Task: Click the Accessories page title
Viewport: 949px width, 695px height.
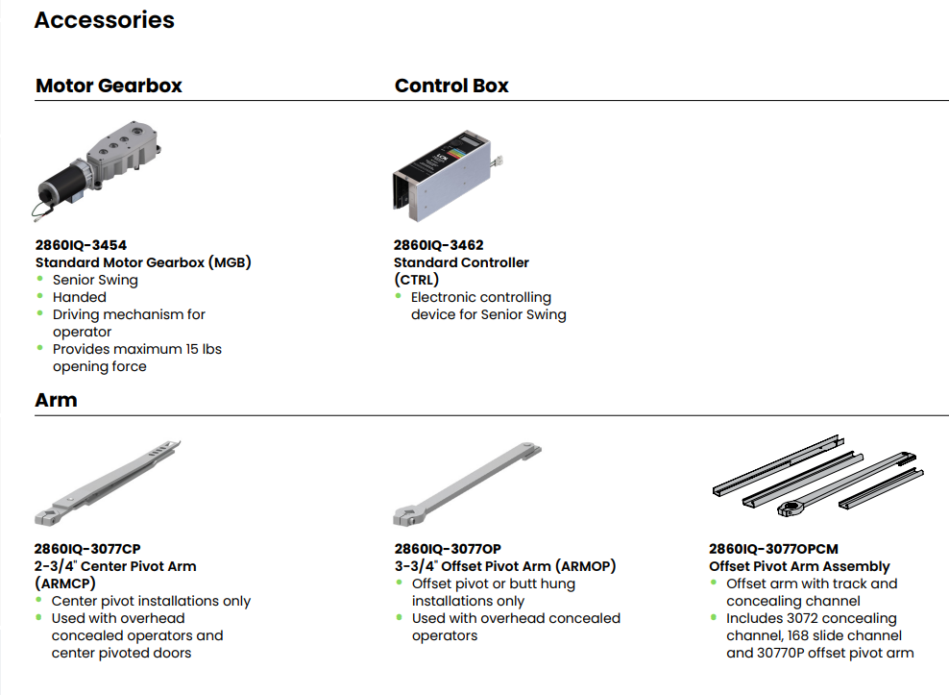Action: pos(104,20)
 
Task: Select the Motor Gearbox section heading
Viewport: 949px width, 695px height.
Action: pos(109,86)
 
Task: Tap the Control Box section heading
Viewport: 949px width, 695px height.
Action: pos(451,86)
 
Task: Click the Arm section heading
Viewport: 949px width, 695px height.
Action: pos(56,400)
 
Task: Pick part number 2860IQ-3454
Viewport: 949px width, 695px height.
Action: pos(81,245)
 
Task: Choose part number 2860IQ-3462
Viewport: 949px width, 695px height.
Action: pos(438,245)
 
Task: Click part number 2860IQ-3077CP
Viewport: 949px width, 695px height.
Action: pos(87,549)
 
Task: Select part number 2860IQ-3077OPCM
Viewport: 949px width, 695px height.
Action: pos(773,549)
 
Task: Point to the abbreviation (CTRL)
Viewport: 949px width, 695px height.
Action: pos(416,280)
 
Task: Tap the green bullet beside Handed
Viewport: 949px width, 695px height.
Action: pos(40,296)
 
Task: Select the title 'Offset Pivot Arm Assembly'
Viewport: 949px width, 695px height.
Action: pos(799,566)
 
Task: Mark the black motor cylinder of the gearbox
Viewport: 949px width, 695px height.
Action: pos(59,183)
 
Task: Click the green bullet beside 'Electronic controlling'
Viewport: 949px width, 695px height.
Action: pos(399,296)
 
